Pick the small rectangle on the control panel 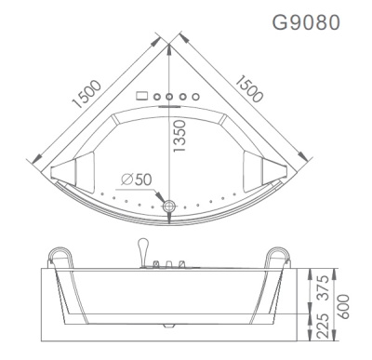pyautogui.click(x=142, y=96)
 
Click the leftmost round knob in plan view pyautogui.click(x=158, y=96)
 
